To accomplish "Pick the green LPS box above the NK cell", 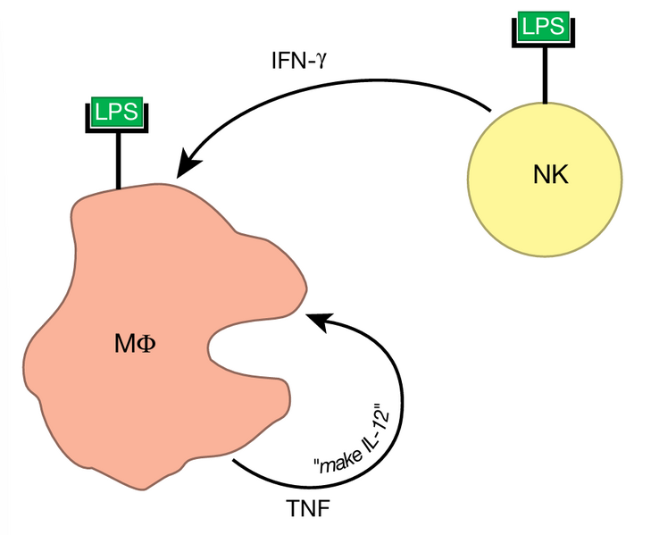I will click(544, 26).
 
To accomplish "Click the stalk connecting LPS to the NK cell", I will click(544, 71).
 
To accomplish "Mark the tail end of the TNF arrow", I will click(234, 461).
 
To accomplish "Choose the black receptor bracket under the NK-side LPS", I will click(544, 42).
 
